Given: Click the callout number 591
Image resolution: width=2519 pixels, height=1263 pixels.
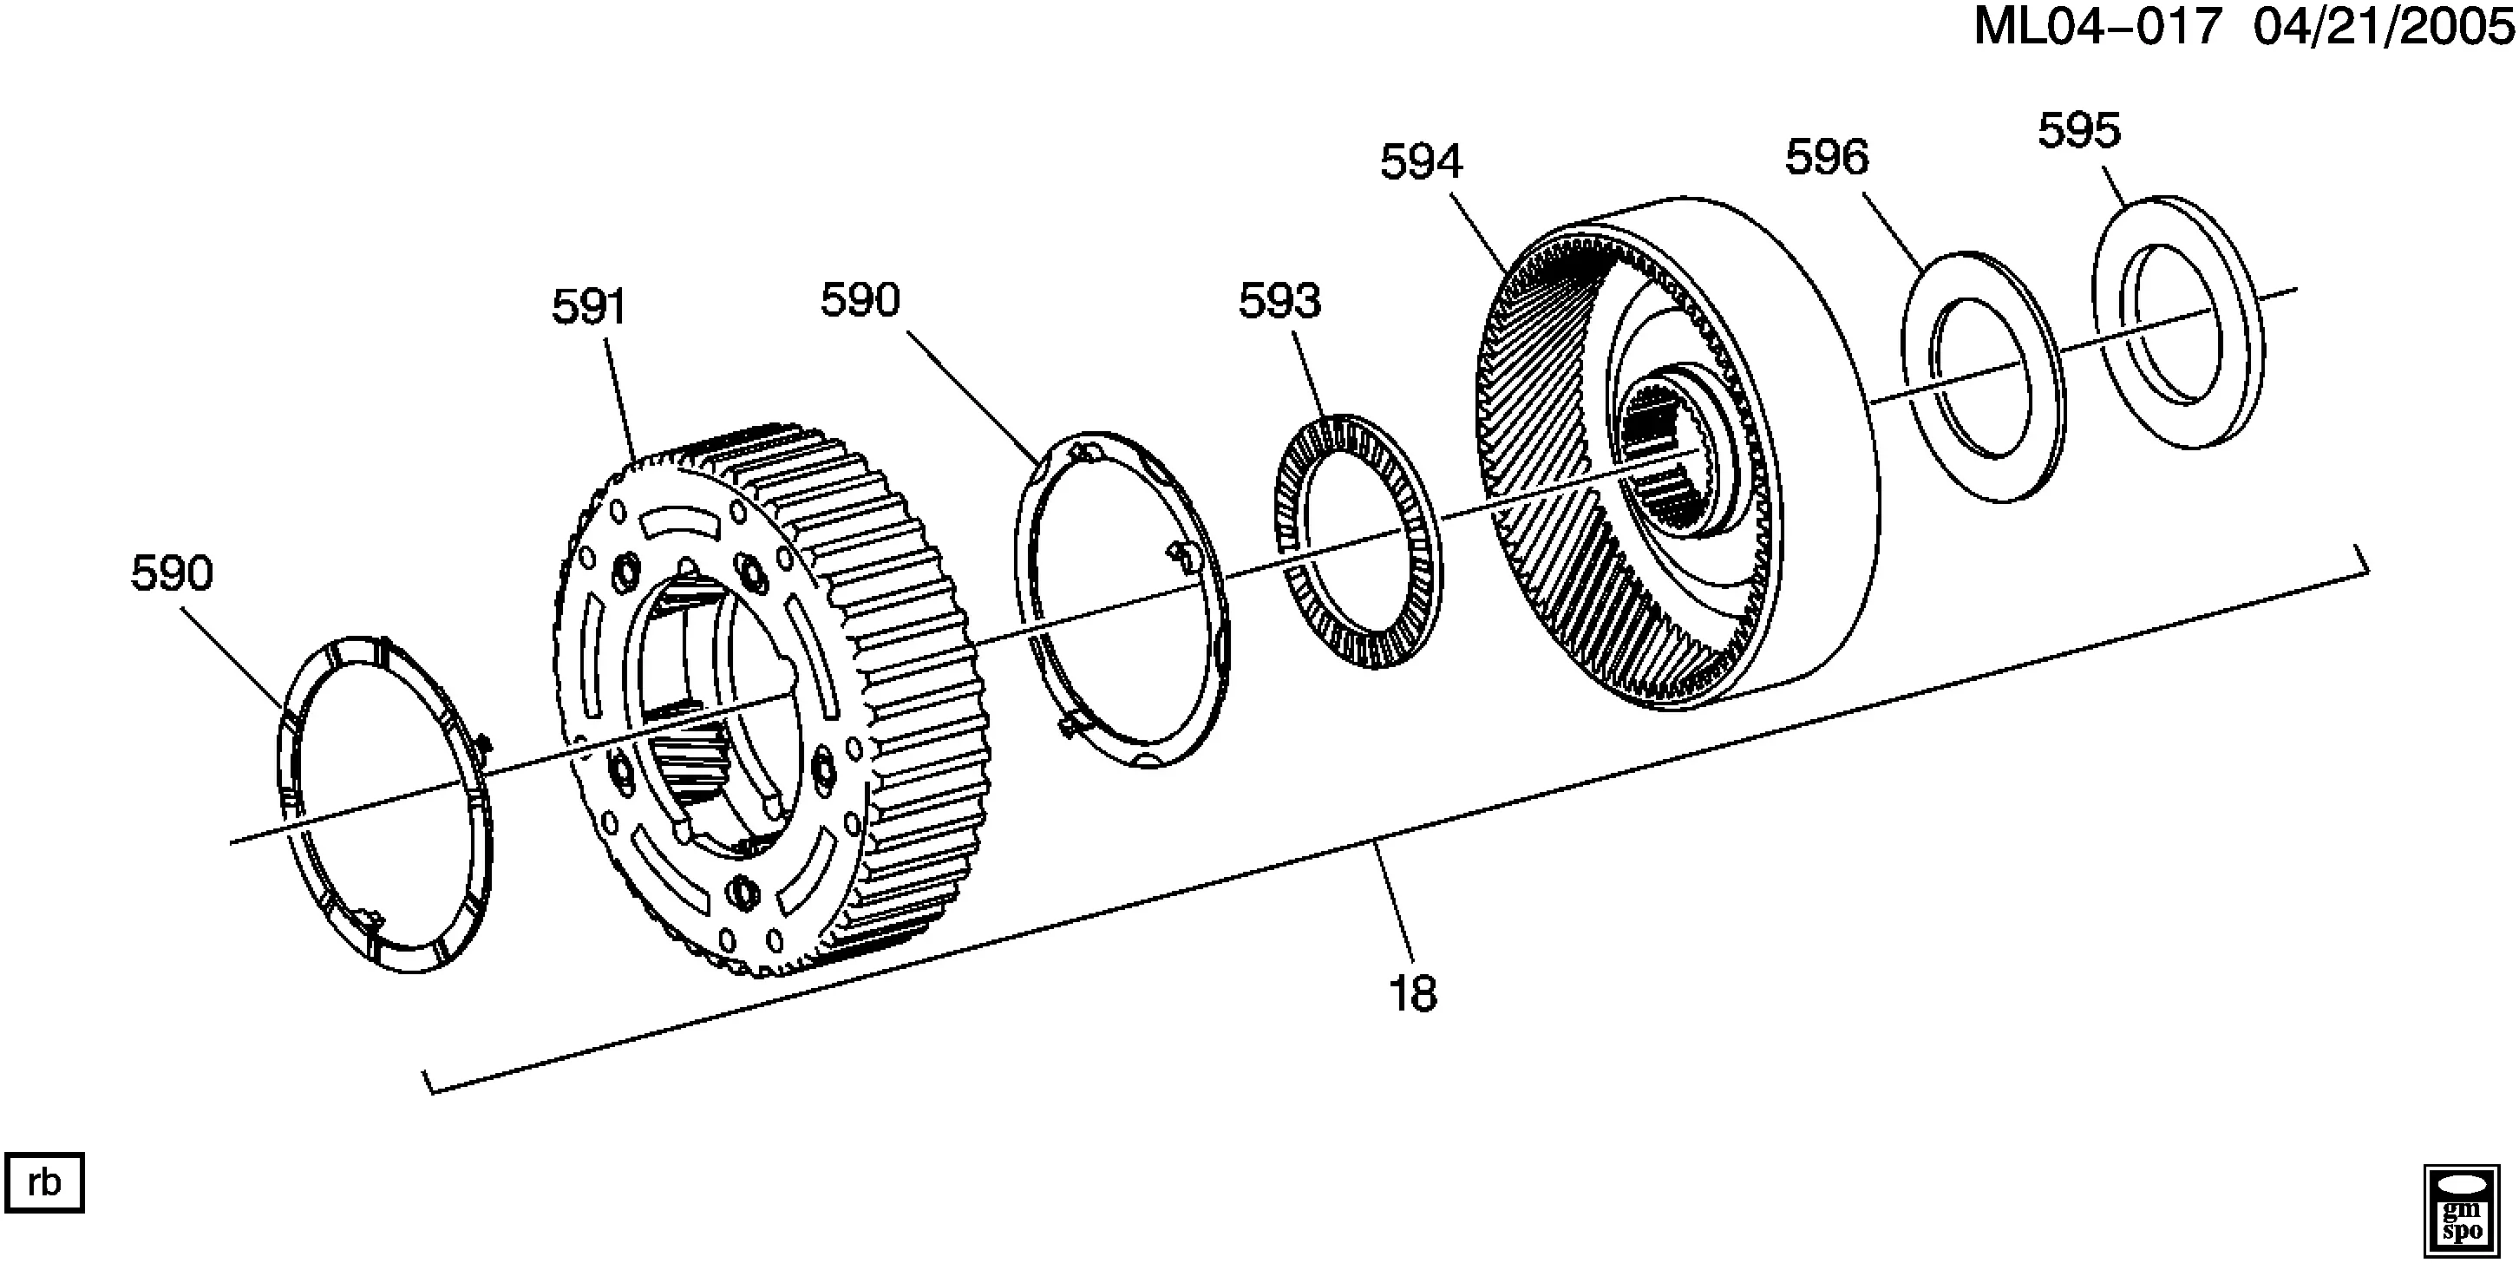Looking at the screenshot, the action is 589,308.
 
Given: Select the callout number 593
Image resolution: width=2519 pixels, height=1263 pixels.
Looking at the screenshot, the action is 1280,300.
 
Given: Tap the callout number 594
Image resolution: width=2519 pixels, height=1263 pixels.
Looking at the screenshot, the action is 1421,161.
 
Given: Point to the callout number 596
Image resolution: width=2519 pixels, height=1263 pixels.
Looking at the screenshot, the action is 1827,157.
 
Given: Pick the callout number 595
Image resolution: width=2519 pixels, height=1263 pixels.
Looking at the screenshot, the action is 2079,130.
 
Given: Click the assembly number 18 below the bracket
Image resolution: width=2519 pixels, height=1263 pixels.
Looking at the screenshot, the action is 1413,995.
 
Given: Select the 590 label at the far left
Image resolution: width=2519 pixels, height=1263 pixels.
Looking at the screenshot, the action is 172,574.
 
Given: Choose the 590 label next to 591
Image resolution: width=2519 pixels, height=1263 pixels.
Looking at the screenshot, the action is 860,300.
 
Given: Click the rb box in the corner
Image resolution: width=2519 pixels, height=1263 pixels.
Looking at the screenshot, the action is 45,1183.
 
